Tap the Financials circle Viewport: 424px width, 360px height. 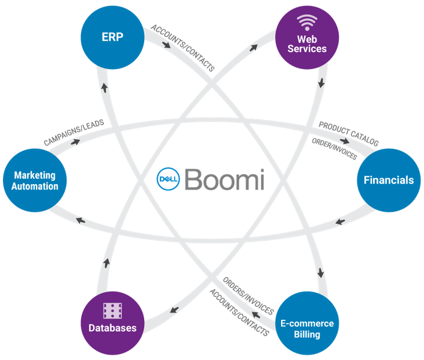click(x=389, y=179)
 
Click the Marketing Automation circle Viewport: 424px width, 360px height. click(x=35, y=180)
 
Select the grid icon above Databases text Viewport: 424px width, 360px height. click(x=112, y=310)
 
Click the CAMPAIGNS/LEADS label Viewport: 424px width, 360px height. click(x=73, y=132)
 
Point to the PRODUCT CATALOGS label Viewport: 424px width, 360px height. click(x=348, y=134)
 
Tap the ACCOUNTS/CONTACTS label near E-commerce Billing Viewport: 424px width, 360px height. click(x=238, y=312)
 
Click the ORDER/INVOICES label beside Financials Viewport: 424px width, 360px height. click(x=334, y=149)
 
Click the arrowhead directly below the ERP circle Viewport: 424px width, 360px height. click(x=106, y=86)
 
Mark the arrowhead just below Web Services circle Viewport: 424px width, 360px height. click(x=322, y=81)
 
